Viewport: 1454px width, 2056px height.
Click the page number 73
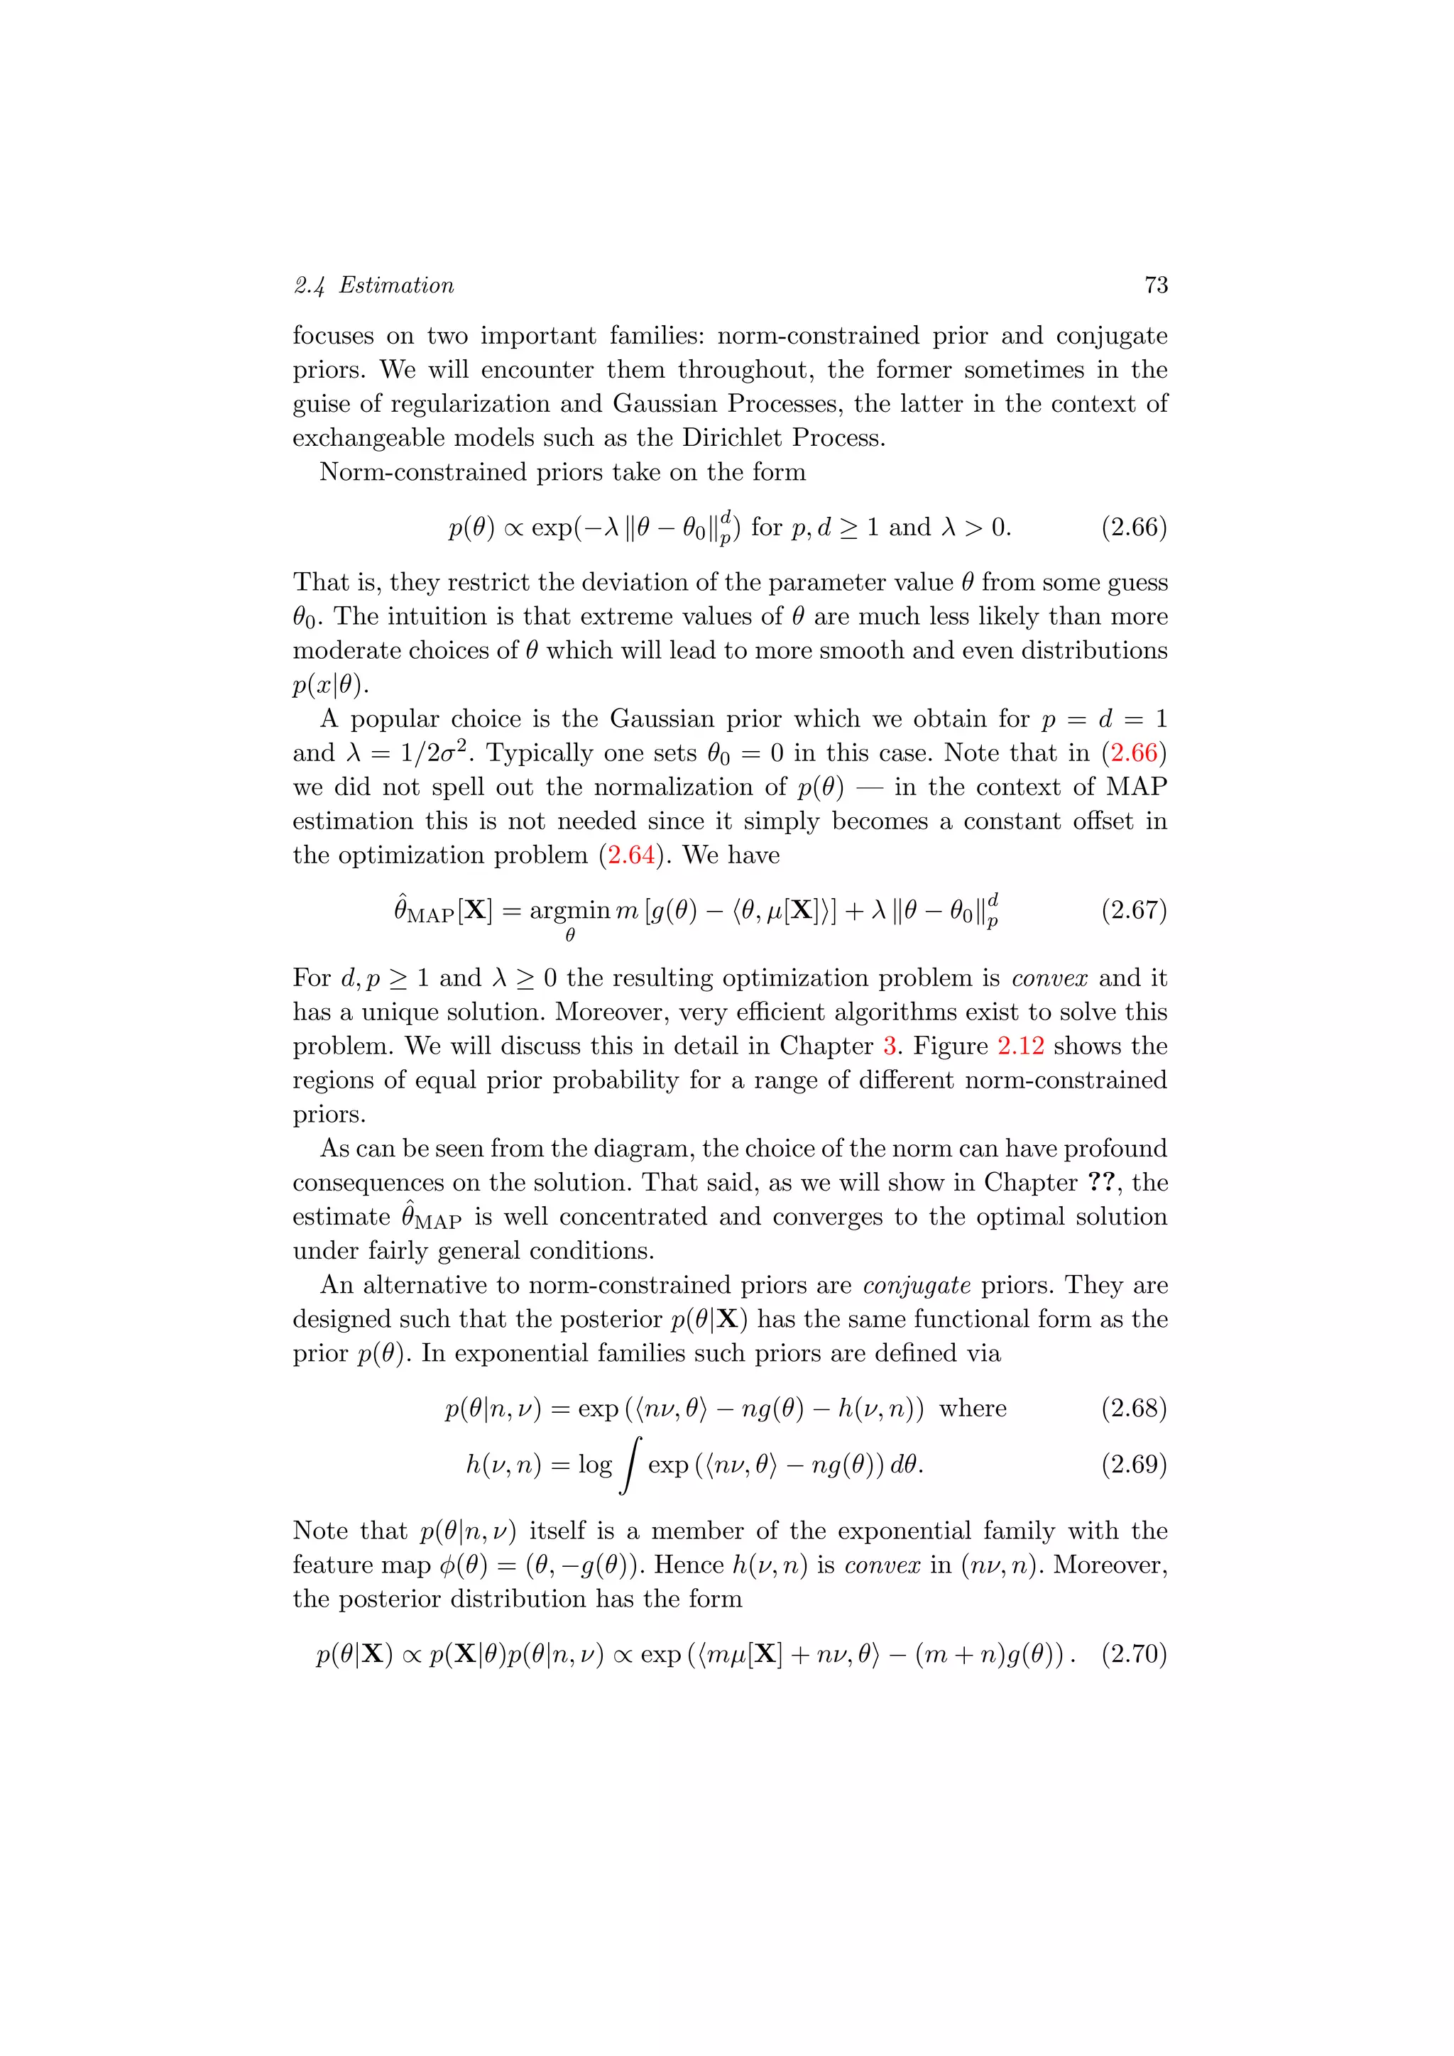click(x=1156, y=285)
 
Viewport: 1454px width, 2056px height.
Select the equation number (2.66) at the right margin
click(x=1134, y=527)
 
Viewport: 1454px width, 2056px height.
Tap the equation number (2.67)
click(x=1134, y=911)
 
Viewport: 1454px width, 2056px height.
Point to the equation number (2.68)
click(x=1134, y=1409)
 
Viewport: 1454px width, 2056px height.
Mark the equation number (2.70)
click(x=1134, y=1654)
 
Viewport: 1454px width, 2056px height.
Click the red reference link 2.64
click(x=632, y=855)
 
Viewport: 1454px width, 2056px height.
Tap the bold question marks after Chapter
click(x=1102, y=1183)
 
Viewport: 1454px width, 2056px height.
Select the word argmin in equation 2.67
click(x=569, y=912)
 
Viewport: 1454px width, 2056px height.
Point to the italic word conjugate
click(x=917, y=1286)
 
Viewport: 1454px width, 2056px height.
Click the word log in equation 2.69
click(x=594, y=1465)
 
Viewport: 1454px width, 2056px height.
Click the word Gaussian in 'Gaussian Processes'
click(x=665, y=404)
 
